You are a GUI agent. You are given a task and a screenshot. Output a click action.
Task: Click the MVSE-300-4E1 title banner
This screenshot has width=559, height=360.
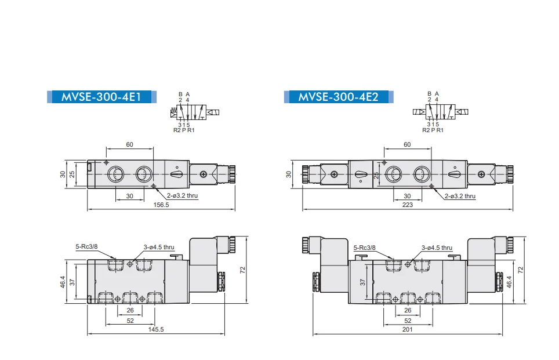[101, 97]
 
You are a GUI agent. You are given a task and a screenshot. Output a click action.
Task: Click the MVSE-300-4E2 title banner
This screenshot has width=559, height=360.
[339, 97]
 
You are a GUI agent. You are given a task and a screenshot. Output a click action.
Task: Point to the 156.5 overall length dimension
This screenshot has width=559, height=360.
[161, 205]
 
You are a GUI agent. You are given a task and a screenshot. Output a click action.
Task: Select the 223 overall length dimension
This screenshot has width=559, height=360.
[408, 205]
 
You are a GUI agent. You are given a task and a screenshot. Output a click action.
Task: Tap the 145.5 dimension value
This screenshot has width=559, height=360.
[156, 329]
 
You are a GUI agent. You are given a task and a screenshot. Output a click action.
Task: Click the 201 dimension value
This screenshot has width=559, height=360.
[408, 329]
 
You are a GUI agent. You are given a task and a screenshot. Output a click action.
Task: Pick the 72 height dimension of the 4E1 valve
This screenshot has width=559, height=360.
[243, 270]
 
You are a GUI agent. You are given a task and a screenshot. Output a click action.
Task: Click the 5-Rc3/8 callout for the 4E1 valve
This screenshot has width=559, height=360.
[86, 246]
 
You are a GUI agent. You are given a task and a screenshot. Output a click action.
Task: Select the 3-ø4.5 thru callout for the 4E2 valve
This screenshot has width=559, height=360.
[437, 248]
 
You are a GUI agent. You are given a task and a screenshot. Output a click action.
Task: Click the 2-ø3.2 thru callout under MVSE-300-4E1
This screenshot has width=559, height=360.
[182, 195]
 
